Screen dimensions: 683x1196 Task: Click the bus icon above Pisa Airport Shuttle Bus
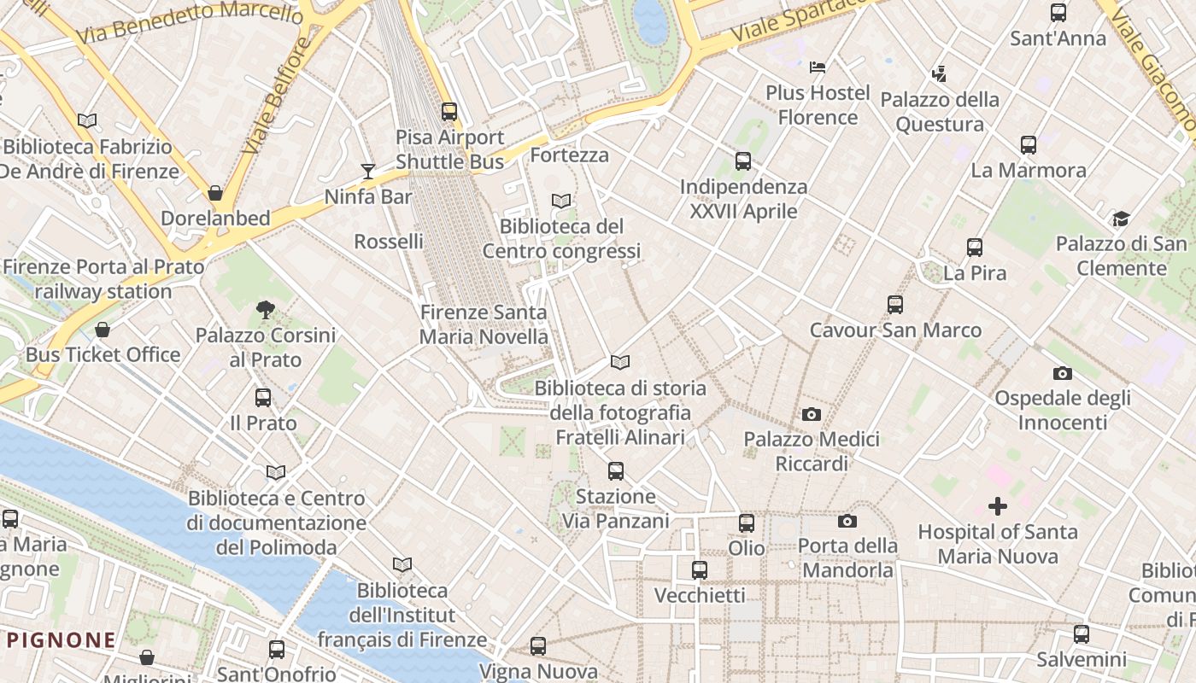click(x=449, y=112)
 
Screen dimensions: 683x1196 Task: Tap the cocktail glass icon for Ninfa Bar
click(x=368, y=172)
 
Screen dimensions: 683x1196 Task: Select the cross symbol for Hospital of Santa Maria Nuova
click(x=997, y=507)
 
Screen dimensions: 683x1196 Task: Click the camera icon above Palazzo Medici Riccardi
click(x=812, y=415)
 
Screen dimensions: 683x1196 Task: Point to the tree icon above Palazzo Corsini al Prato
click(x=266, y=310)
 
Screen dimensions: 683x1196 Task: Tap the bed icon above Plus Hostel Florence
click(x=818, y=67)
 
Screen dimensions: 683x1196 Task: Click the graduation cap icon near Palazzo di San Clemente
click(x=1121, y=219)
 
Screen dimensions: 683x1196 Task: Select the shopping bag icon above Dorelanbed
click(x=215, y=193)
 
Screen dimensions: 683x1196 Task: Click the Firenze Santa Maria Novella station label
click(x=484, y=324)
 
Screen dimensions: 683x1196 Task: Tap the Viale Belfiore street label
click(x=274, y=96)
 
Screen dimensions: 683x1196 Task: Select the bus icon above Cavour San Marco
click(x=895, y=305)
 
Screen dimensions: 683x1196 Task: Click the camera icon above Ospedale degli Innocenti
click(x=1063, y=373)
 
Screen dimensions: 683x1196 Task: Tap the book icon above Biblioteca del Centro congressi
click(x=561, y=201)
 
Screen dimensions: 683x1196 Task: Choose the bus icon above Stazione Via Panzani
click(x=616, y=471)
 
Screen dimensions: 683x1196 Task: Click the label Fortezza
click(x=570, y=155)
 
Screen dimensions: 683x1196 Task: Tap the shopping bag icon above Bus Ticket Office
click(x=103, y=330)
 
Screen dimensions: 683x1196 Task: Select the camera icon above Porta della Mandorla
click(x=847, y=521)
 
